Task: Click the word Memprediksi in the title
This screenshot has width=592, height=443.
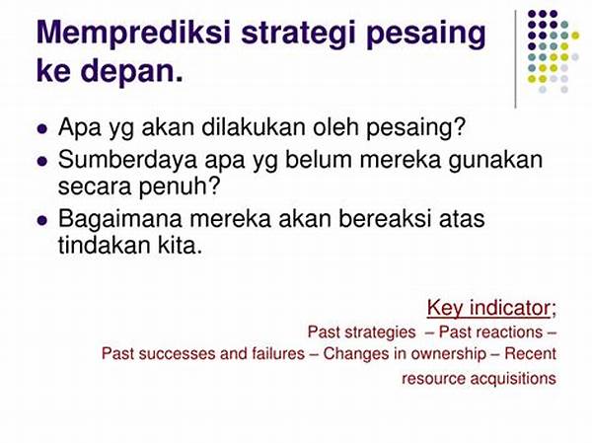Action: point(133,34)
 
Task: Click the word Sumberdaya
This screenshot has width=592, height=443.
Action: point(127,160)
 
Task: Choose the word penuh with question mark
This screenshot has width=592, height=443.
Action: point(180,186)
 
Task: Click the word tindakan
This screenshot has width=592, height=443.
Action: point(104,245)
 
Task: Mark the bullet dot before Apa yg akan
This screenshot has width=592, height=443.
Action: point(42,129)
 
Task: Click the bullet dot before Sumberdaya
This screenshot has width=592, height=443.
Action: point(42,161)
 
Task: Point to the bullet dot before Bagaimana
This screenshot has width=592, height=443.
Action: point(42,221)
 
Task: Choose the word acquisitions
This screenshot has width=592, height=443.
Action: point(513,378)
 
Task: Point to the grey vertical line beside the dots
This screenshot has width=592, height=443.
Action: point(515,59)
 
